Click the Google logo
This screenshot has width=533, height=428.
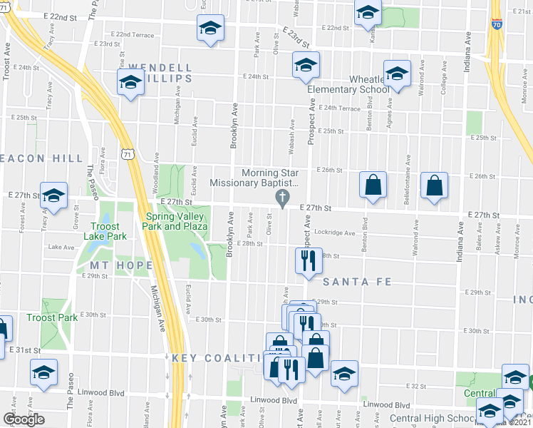[x=24, y=419]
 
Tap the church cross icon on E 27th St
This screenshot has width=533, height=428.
[x=283, y=198]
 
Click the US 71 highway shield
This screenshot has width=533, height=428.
[x=126, y=153]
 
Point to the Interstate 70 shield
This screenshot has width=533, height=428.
[x=497, y=24]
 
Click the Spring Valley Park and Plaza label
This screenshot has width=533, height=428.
[x=176, y=221]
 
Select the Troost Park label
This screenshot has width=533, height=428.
[x=52, y=317]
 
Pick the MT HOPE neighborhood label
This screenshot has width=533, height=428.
[x=117, y=265]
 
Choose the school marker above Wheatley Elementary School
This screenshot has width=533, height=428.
[x=397, y=73]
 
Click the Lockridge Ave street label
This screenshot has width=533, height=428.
[x=335, y=233]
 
